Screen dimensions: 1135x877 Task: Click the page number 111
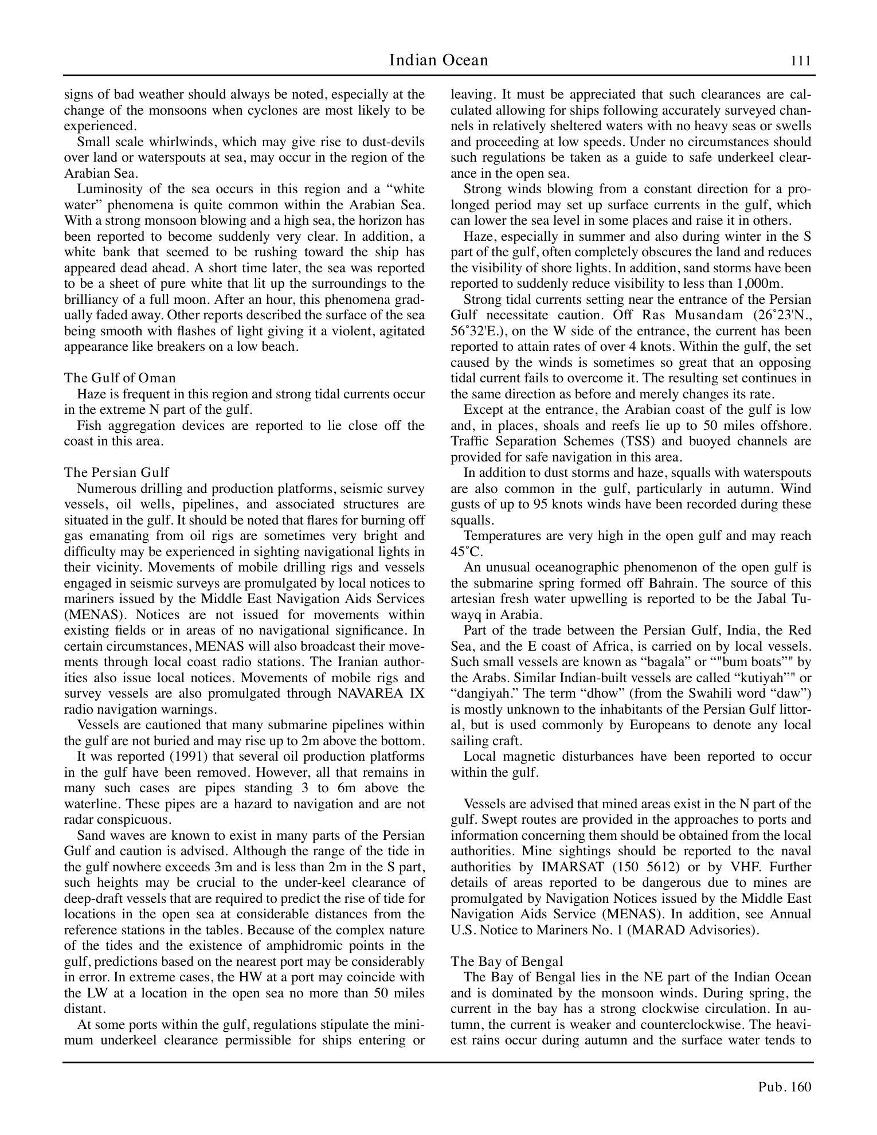(800, 61)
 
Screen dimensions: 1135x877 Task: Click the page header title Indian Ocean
(438, 60)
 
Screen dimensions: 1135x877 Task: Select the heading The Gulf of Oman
(120, 378)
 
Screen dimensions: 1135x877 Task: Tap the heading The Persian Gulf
(116, 472)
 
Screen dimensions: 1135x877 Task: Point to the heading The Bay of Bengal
(507, 961)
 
